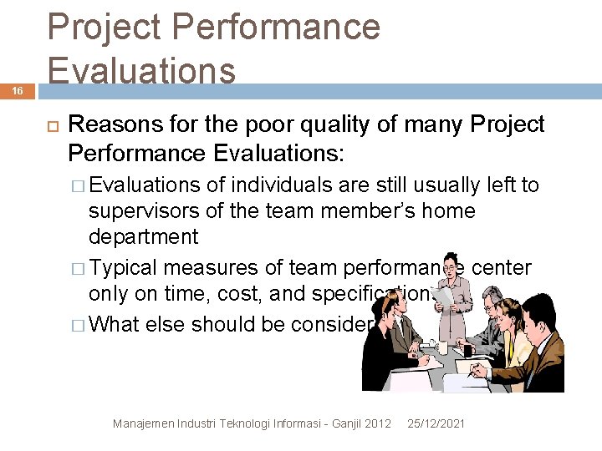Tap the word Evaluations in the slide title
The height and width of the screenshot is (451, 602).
pyautogui.click(x=142, y=70)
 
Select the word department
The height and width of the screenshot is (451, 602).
pyautogui.click(x=144, y=236)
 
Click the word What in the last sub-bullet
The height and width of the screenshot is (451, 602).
pyautogui.click(x=115, y=324)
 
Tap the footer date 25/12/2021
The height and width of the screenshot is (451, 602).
pyautogui.click(x=436, y=424)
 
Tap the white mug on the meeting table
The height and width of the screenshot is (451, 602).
pyautogui.click(x=441, y=347)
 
